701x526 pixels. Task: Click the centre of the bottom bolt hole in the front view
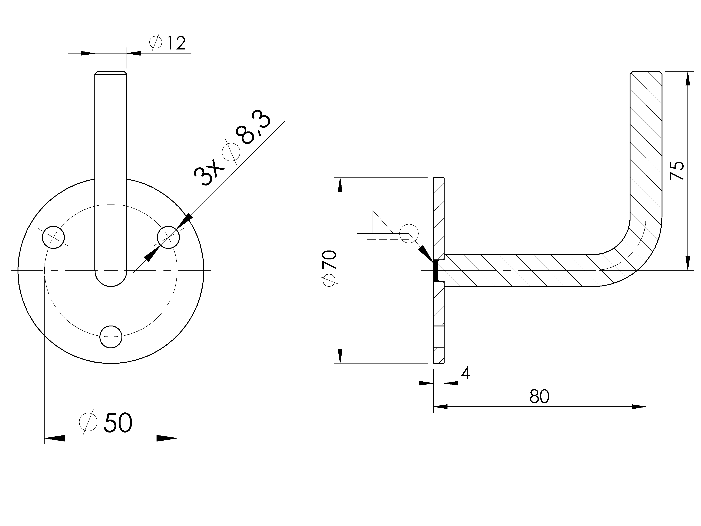pyautogui.click(x=111, y=336)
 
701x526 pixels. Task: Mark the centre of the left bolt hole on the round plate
pyautogui.click(x=53, y=237)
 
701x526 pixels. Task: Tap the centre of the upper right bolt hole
pyautogui.click(x=168, y=237)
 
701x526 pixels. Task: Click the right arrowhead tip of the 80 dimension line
pyautogui.click(x=645, y=407)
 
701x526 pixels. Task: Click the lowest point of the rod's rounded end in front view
pyautogui.click(x=111, y=286)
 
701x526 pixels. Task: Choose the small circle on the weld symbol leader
pyautogui.click(x=409, y=234)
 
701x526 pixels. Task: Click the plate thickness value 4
pyautogui.click(x=465, y=374)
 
